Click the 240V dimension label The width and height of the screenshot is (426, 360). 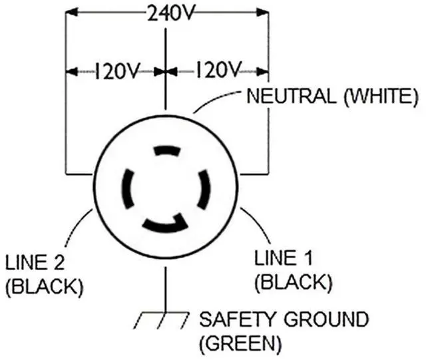(x=171, y=13)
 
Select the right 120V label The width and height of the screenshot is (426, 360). (x=218, y=70)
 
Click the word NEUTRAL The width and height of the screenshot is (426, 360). (x=292, y=96)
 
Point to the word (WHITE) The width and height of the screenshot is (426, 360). (x=381, y=96)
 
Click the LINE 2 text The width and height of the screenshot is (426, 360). (x=35, y=262)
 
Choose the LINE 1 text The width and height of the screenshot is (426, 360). (x=283, y=258)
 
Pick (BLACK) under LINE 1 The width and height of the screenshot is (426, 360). (x=294, y=283)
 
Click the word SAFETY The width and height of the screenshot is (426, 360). (x=237, y=319)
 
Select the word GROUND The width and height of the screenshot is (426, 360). (x=326, y=319)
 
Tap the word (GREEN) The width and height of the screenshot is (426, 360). (x=240, y=344)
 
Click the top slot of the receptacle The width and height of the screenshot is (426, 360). (x=167, y=150)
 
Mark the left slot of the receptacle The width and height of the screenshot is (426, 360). (x=127, y=189)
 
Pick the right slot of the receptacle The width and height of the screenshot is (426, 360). (x=204, y=189)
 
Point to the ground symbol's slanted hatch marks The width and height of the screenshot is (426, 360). (x=161, y=321)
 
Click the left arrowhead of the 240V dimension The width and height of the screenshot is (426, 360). (x=72, y=12)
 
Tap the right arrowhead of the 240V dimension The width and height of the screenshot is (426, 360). (x=262, y=12)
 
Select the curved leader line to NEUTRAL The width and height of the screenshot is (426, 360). (x=214, y=98)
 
